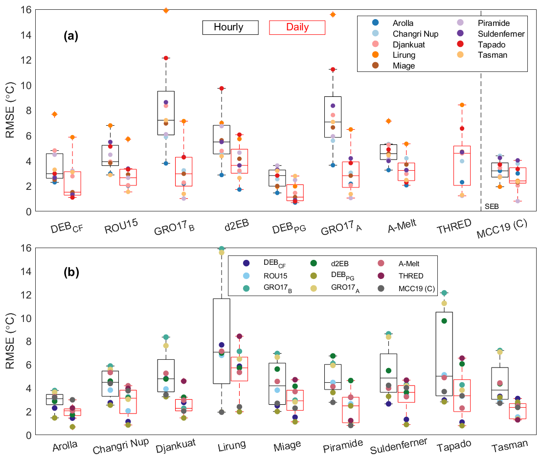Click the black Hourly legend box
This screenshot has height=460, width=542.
[x=230, y=27]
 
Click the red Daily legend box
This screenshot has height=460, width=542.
[x=297, y=27]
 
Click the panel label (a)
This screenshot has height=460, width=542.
[x=70, y=35]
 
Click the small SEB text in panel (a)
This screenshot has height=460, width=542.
[x=491, y=207]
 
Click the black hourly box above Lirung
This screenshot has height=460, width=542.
[x=222, y=341]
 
